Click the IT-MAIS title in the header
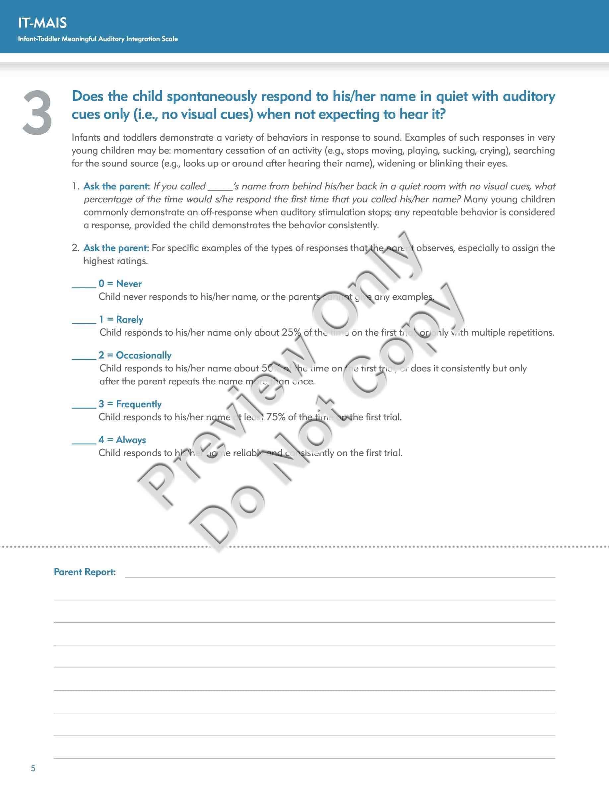click(x=42, y=23)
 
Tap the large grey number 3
click(x=37, y=113)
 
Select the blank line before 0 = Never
click(x=84, y=287)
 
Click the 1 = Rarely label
click(x=121, y=320)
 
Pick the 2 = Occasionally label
click(x=135, y=356)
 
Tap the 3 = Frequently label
click(x=130, y=404)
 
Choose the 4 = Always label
click(x=122, y=440)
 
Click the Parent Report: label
click(x=85, y=572)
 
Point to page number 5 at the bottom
click(x=33, y=768)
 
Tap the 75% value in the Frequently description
click(x=276, y=417)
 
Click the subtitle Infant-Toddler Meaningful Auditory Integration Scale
click(x=98, y=39)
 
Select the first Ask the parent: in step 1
click(x=116, y=186)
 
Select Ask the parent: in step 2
click(x=116, y=248)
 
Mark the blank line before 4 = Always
click(x=84, y=443)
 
